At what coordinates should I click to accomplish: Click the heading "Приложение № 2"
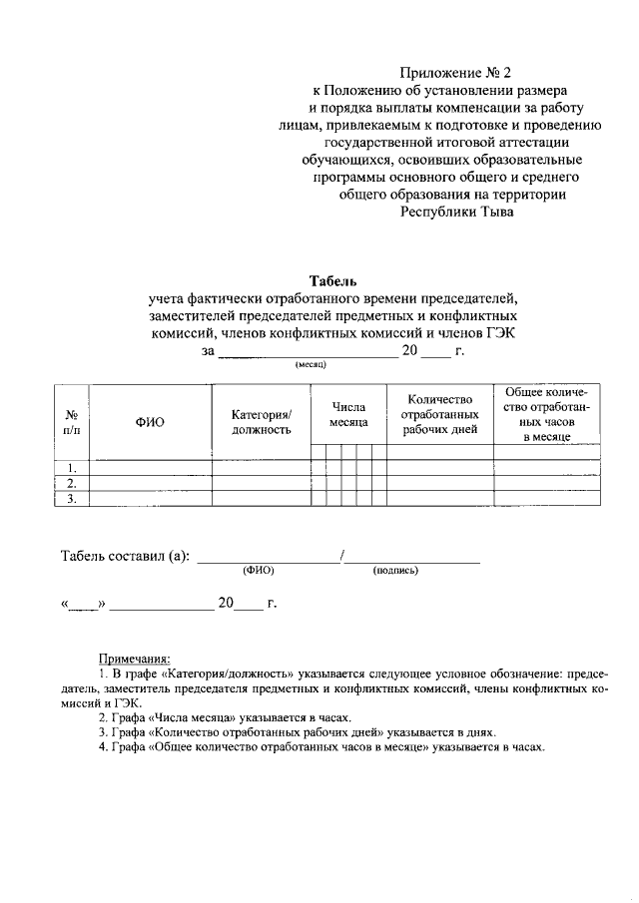[x=454, y=73]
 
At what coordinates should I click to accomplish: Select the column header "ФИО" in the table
[x=149, y=422]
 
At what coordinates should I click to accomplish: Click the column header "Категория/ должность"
[x=262, y=422]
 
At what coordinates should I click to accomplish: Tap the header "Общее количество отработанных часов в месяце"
[x=547, y=414]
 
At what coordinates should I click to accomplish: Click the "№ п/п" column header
[x=72, y=422]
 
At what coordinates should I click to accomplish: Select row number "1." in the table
[x=72, y=468]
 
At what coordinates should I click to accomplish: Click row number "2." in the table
[x=72, y=484]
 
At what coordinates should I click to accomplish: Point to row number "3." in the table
[x=72, y=500]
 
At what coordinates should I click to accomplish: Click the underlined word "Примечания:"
[x=134, y=658]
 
